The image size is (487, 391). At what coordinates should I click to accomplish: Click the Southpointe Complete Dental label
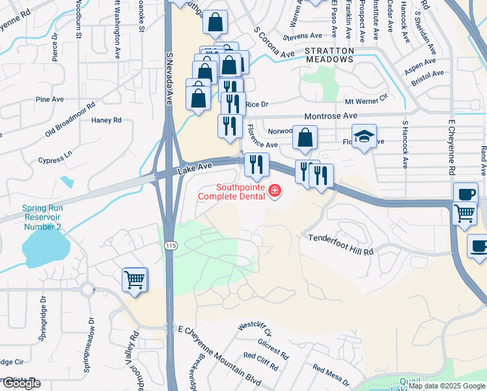(231, 191)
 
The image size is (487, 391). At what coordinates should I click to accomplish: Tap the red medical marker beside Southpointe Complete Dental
(275, 192)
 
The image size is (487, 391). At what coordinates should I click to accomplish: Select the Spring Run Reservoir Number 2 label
(42, 218)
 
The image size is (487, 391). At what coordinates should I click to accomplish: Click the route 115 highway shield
(171, 245)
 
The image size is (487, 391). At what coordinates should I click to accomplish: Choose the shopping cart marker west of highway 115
(134, 280)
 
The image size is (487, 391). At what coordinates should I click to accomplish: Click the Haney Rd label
(106, 120)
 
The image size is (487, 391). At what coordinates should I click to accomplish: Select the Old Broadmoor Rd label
(70, 118)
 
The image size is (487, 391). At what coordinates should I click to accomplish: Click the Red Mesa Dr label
(331, 375)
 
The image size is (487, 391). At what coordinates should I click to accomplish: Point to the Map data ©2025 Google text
(447, 386)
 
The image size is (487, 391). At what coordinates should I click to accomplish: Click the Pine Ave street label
(49, 99)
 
